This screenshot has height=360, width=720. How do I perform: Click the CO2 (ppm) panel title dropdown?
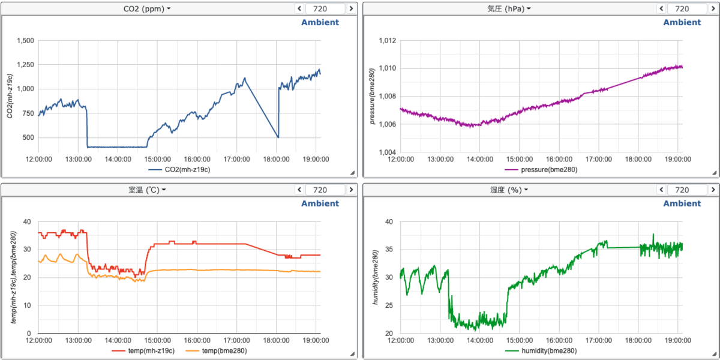147,8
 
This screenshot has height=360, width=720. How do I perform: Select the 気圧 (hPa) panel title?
509,8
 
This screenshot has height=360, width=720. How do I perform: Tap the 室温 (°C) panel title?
147,190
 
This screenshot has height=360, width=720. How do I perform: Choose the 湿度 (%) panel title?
509,190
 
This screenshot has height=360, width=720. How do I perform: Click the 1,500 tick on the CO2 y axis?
25,41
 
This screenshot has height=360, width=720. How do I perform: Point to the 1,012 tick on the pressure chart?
388,41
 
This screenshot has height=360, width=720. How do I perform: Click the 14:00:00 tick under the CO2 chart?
118,159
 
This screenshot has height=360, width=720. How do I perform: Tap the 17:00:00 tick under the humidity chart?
599,340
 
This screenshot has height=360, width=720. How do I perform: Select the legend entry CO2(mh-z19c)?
179,169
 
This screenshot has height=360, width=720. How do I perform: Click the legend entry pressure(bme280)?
541,169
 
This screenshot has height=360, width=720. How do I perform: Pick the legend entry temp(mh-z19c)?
143,350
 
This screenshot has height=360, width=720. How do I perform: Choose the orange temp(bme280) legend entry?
216,350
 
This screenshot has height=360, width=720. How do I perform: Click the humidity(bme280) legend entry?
541,350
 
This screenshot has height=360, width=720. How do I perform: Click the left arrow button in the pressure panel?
661,8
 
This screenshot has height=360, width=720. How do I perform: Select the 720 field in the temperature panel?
325,190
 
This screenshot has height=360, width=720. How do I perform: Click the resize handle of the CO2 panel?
352,173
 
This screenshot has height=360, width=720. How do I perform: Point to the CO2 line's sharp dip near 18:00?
278,137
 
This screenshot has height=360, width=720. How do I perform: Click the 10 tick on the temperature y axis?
28,305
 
